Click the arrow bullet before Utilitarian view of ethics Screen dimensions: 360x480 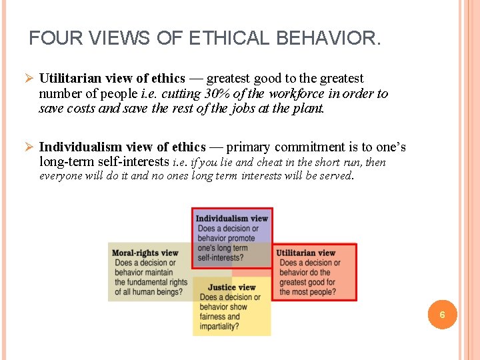[29, 79]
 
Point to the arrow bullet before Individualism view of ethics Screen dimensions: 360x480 [29, 147]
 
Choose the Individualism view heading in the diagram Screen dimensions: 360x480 [231, 218]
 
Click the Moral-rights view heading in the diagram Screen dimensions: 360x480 [145, 253]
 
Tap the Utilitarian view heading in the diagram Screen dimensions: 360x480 [305, 253]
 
